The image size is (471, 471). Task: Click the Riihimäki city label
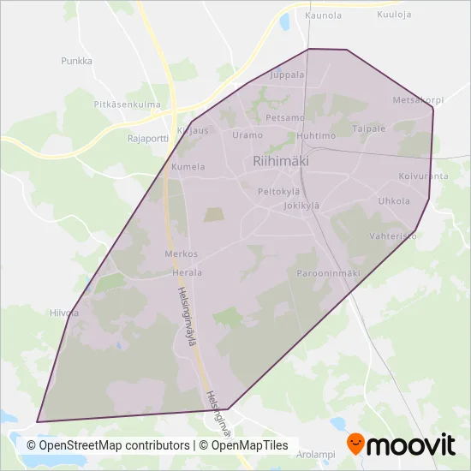pyautogui.click(x=280, y=160)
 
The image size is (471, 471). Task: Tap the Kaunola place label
pyautogui.click(x=323, y=15)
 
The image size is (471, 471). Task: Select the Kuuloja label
pyautogui.click(x=394, y=15)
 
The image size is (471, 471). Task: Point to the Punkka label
pyautogui.click(x=76, y=61)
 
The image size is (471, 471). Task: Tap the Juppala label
pyautogui.click(x=287, y=75)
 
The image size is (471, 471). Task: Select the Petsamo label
pyautogui.click(x=285, y=117)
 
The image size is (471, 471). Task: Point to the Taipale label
pyautogui.click(x=369, y=128)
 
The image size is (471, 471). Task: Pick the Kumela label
pyautogui.click(x=188, y=167)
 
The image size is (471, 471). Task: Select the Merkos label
pyautogui.click(x=181, y=254)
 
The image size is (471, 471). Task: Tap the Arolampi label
pyautogui.click(x=317, y=455)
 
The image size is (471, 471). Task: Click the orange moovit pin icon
pyautogui.click(x=355, y=444)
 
